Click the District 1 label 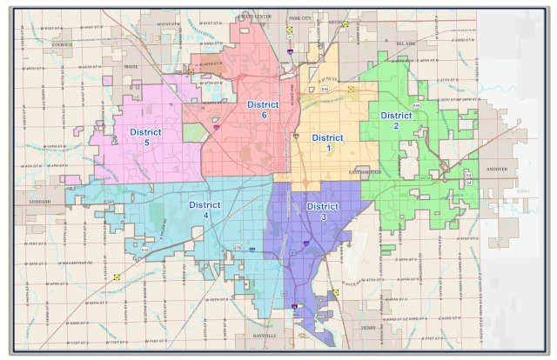(327, 143)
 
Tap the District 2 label (396, 120)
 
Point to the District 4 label (205, 210)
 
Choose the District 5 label (145, 137)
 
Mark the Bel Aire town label (393, 42)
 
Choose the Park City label (299, 17)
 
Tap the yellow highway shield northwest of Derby (336, 293)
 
